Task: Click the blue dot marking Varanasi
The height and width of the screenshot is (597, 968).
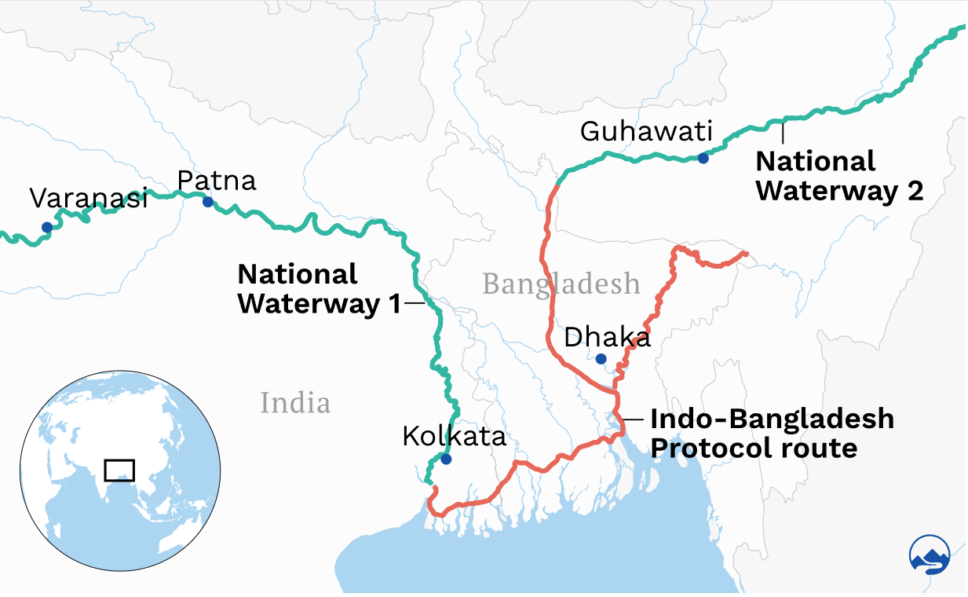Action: coord(47,228)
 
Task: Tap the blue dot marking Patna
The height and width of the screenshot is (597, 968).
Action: coord(208,202)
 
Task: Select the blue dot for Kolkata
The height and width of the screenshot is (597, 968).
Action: coord(447,460)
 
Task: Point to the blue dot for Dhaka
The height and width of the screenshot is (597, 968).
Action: coord(601,359)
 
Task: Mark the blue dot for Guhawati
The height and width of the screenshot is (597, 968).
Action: coord(703,158)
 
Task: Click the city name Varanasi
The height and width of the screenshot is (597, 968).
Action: coord(89,199)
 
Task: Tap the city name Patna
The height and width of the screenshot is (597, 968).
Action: coord(217,181)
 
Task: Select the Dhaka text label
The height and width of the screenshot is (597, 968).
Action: coord(608,338)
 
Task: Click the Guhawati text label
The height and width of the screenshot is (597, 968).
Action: coord(645,131)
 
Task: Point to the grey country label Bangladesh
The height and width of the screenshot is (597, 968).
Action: coord(561,283)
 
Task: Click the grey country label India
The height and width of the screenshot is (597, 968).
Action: coord(295,403)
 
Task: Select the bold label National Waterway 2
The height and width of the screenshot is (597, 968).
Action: coord(838,176)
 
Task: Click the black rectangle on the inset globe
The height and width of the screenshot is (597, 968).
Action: coord(119,470)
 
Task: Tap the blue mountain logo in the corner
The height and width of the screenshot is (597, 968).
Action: coord(930,555)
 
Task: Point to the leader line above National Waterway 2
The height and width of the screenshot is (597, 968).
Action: coord(783,133)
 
